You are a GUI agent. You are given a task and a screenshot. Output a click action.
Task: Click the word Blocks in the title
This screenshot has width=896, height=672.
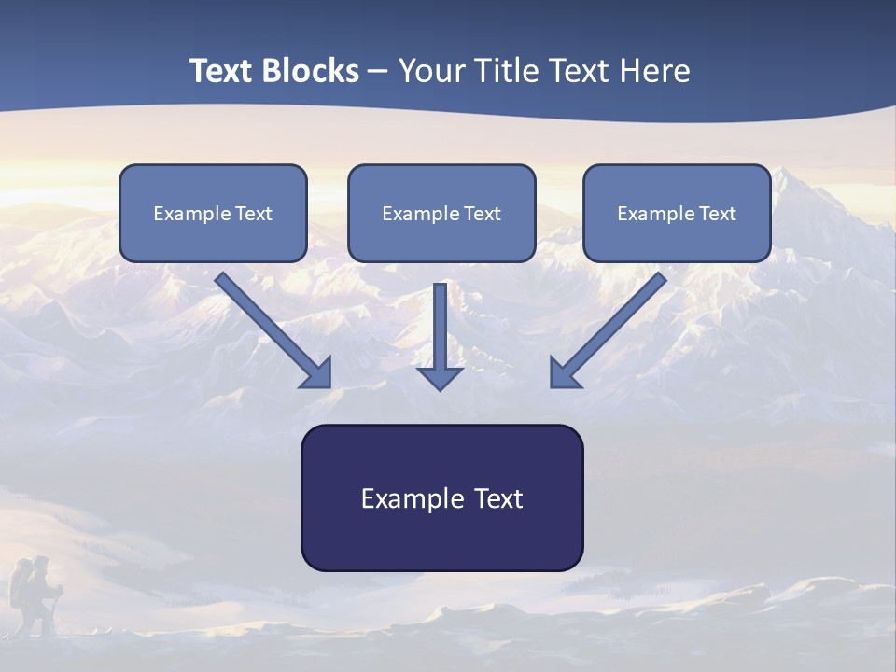coord(311,70)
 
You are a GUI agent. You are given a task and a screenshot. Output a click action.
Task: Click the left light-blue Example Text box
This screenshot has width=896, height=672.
coord(213,213)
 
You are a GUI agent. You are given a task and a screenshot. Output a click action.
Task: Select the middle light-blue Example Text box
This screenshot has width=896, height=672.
coord(441,213)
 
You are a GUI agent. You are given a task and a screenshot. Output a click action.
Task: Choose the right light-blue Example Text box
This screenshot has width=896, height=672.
coord(678,213)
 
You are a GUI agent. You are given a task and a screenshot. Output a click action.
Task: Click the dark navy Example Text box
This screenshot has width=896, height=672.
coord(442,497)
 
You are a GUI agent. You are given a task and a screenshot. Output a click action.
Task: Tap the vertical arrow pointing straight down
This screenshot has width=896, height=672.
coord(440,337)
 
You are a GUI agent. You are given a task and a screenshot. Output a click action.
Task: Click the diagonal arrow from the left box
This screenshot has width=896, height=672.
coord(273,330)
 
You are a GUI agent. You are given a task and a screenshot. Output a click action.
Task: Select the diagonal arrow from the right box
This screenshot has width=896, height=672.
coord(609,330)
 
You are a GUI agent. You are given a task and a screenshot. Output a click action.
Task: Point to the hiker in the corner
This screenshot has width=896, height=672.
coord(35,595)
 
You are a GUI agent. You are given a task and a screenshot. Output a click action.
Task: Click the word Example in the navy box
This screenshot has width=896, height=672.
coord(405,498)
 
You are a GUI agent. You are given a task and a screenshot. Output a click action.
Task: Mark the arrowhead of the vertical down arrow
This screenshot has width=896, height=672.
coord(440,379)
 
